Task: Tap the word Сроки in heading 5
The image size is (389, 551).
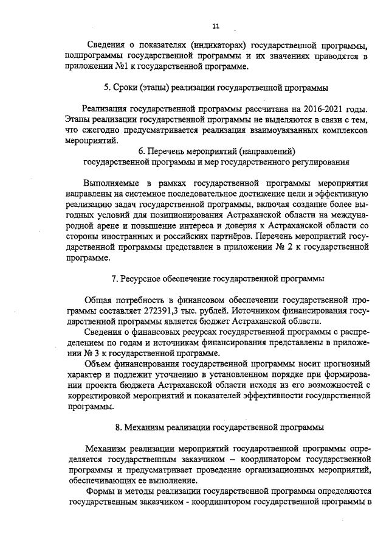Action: point(128,86)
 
